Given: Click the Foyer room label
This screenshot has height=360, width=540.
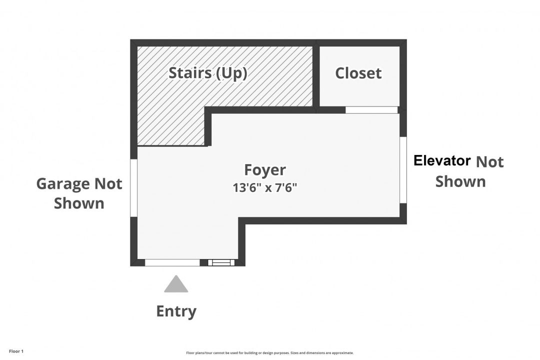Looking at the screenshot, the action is pyautogui.click(x=265, y=170).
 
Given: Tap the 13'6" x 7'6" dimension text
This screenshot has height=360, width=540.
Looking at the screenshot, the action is pyautogui.click(x=265, y=188).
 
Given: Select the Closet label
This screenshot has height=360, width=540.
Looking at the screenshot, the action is pyautogui.click(x=358, y=73).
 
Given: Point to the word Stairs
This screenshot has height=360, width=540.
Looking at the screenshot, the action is pyautogui.click(x=190, y=72).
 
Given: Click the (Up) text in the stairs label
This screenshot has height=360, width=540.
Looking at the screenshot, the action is pyautogui.click(x=231, y=73).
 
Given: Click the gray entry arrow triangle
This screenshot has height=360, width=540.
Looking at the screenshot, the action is pyautogui.click(x=176, y=283).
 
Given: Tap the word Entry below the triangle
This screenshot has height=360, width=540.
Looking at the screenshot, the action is pyautogui.click(x=176, y=311).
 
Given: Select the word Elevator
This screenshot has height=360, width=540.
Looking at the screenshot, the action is pyautogui.click(x=442, y=160).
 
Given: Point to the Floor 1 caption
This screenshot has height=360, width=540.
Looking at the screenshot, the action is pyautogui.click(x=16, y=351).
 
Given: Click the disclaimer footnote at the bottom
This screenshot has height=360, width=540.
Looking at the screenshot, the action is pyautogui.click(x=269, y=353).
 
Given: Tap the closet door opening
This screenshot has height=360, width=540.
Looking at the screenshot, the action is pyautogui.click(x=371, y=110).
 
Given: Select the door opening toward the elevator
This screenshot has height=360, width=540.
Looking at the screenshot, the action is pyautogui.click(x=403, y=170).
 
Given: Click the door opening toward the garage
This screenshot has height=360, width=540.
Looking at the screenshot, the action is pyautogui.click(x=133, y=188).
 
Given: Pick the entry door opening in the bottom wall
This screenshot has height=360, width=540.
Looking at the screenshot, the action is pyautogui.click(x=172, y=262).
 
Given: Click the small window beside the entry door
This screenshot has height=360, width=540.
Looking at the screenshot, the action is pyautogui.click(x=221, y=262).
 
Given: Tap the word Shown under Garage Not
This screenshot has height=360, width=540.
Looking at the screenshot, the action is pyautogui.click(x=79, y=203).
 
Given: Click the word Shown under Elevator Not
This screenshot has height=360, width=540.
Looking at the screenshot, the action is pyautogui.click(x=460, y=181).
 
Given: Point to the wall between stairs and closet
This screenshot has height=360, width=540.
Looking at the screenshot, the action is pyautogui.click(x=316, y=76).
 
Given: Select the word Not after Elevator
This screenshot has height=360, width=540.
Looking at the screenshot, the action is pyautogui.click(x=489, y=161).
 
